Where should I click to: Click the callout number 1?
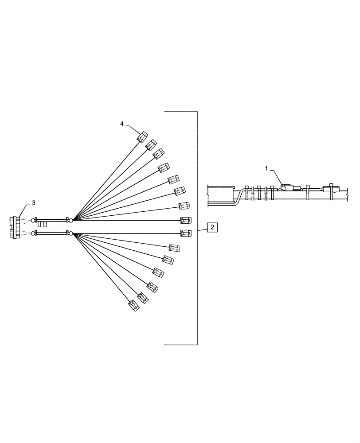pos(266,168)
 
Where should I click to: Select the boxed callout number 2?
pos(212,227)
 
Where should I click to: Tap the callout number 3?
pos(33,203)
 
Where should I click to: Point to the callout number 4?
pos(122,124)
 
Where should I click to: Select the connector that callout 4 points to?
pos(142,137)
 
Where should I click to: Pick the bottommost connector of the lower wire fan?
pos(134,305)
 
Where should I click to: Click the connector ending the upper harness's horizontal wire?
pos(186,220)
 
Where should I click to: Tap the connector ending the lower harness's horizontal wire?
pos(186,233)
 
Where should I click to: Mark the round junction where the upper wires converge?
pos(70,220)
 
